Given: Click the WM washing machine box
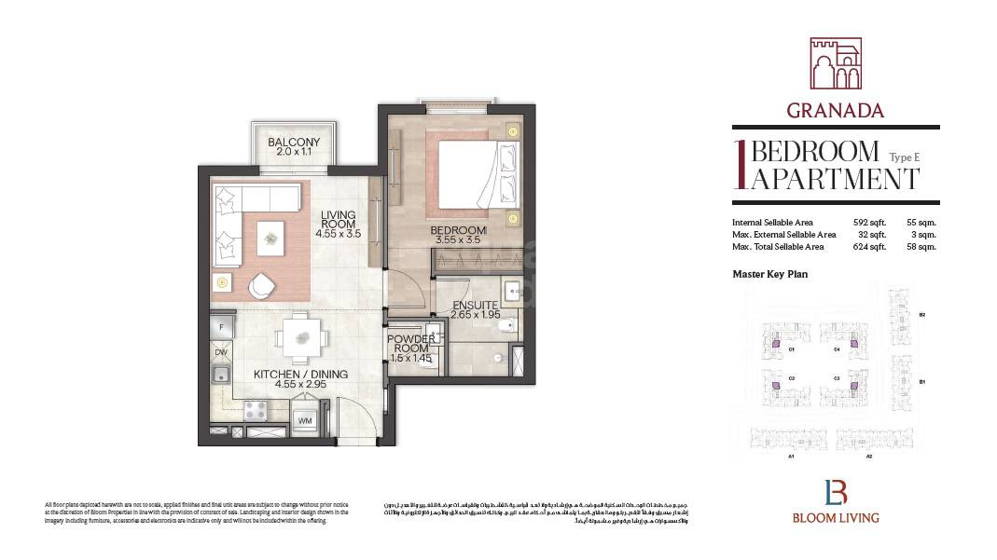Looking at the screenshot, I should (305, 421).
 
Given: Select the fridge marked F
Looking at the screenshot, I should (222, 328).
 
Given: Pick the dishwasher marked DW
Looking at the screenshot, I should (222, 352).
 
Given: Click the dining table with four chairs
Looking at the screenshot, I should (301, 335).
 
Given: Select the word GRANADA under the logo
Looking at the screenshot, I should (835, 110).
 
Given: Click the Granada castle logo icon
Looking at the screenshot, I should (835, 63).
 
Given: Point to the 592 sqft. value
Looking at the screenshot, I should (866, 223).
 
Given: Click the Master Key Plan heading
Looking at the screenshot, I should (769, 274).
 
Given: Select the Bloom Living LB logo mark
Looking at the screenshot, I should (835, 491).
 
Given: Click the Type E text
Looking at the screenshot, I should (904, 157).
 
